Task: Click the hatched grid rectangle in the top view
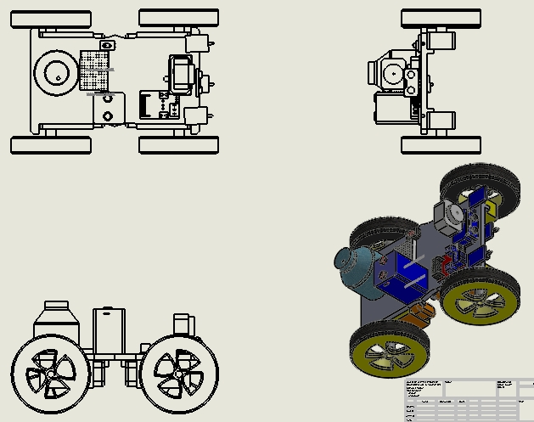coord(95,70)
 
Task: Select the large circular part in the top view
coord(57,76)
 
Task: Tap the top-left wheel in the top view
coord(50,18)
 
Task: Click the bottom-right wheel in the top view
coord(178,144)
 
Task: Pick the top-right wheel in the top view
coord(178,18)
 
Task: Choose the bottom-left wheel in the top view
coord(50,144)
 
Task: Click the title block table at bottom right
coord(467,400)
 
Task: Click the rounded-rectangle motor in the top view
coord(182,74)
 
